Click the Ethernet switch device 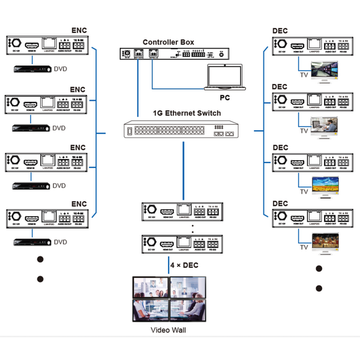pyautogui.click(x=179, y=133)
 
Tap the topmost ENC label pyautogui.click(x=79, y=29)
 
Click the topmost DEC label pyautogui.click(x=280, y=30)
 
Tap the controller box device pyautogui.click(x=174, y=55)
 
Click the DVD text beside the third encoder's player pyautogui.click(x=59, y=186)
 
